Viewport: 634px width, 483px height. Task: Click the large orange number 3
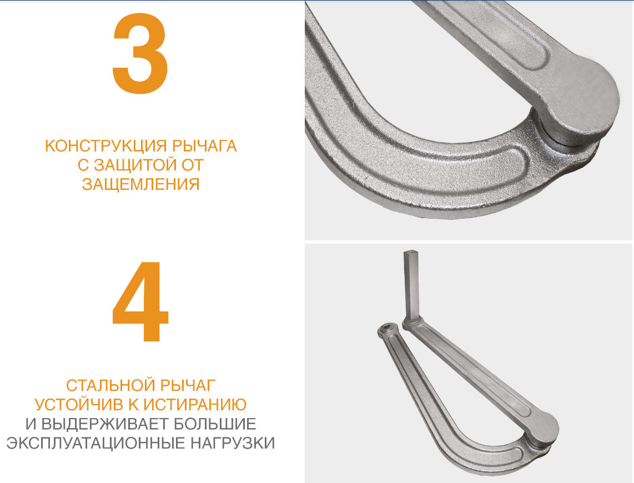pyautogui.click(x=140, y=54)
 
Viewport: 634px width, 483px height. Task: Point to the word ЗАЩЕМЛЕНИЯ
pyautogui.click(x=140, y=184)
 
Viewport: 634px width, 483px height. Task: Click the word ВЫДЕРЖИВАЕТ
pyautogui.click(x=105, y=424)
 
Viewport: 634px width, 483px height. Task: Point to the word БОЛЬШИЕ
pyautogui.click(x=215, y=424)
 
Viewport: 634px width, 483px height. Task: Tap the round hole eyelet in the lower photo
pyautogui.click(x=388, y=328)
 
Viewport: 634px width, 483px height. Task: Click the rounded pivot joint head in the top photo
pyautogui.click(x=578, y=102)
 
